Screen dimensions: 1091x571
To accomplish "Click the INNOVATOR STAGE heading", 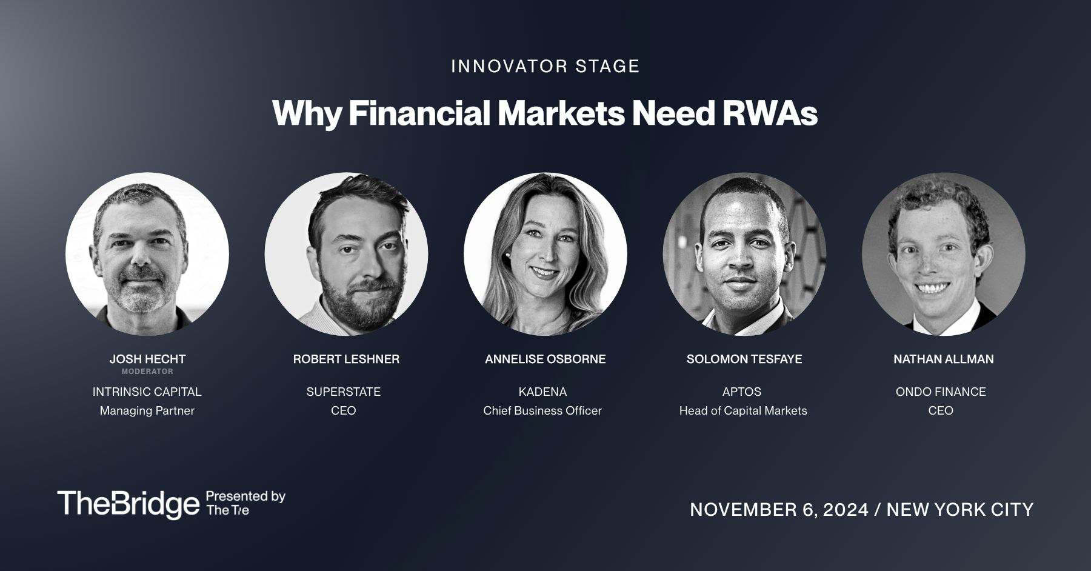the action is tap(545, 66).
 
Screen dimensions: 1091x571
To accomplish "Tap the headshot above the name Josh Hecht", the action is tap(147, 254).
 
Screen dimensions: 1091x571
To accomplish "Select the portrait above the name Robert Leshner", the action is tap(346, 254).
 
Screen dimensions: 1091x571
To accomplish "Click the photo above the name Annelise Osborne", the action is tap(545, 254).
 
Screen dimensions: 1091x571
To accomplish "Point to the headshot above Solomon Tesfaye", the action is tap(744, 254).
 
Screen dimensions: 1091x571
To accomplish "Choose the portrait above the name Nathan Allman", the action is tap(944, 254).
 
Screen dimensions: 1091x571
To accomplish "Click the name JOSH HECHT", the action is tap(147, 359).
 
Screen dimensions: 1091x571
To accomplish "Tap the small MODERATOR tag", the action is tap(147, 372).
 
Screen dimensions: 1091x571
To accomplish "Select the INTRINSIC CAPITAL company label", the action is tap(147, 392).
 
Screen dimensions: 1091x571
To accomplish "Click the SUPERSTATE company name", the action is tap(344, 392).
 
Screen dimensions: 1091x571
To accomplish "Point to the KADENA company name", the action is tap(542, 392).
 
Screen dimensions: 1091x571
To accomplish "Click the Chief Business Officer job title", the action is tap(542, 410).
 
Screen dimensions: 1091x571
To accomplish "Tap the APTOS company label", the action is tap(742, 392).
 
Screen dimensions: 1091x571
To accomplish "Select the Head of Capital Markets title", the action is tap(743, 410).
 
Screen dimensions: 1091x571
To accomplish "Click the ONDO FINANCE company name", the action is tap(941, 392).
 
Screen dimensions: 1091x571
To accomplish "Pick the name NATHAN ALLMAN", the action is tap(944, 359).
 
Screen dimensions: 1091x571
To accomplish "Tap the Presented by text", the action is tap(246, 496).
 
